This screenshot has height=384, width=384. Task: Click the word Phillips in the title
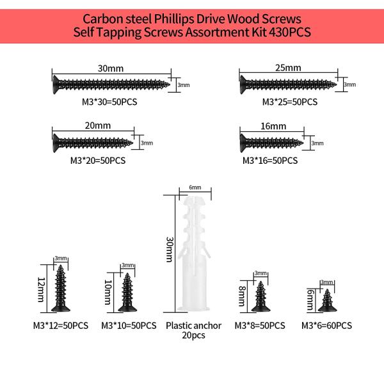[x=174, y=19]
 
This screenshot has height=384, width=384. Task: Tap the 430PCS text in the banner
[x=290, y=32]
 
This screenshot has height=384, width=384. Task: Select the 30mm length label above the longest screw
[x=111, y=68]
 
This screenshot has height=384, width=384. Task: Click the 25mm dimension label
[x=288, y=68]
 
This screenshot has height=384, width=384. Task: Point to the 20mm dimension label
[x=98, y=125]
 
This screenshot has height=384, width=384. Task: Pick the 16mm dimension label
[x=273, y=126]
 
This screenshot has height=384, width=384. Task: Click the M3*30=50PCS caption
[x=109, y=102]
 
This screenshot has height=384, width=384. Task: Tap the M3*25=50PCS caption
[x=290, y=102]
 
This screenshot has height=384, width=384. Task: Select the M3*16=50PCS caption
[x=270, y=161]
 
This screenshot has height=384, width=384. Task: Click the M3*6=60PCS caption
[x=326, y=326]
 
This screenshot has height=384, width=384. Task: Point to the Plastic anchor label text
[x=193, y=326]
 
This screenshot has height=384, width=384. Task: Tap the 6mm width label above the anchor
[x=195, y=188]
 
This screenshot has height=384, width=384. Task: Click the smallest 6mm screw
[x=327, y=301]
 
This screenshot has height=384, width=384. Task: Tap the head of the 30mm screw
[x=56, y=84]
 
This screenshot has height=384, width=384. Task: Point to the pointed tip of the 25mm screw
[x=335, y=84]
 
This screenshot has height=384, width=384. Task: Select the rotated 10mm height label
[x=108, y=292]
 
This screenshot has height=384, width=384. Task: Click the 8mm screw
[x=261, y=296]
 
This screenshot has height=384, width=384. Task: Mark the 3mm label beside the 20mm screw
[x=147, y=143]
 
